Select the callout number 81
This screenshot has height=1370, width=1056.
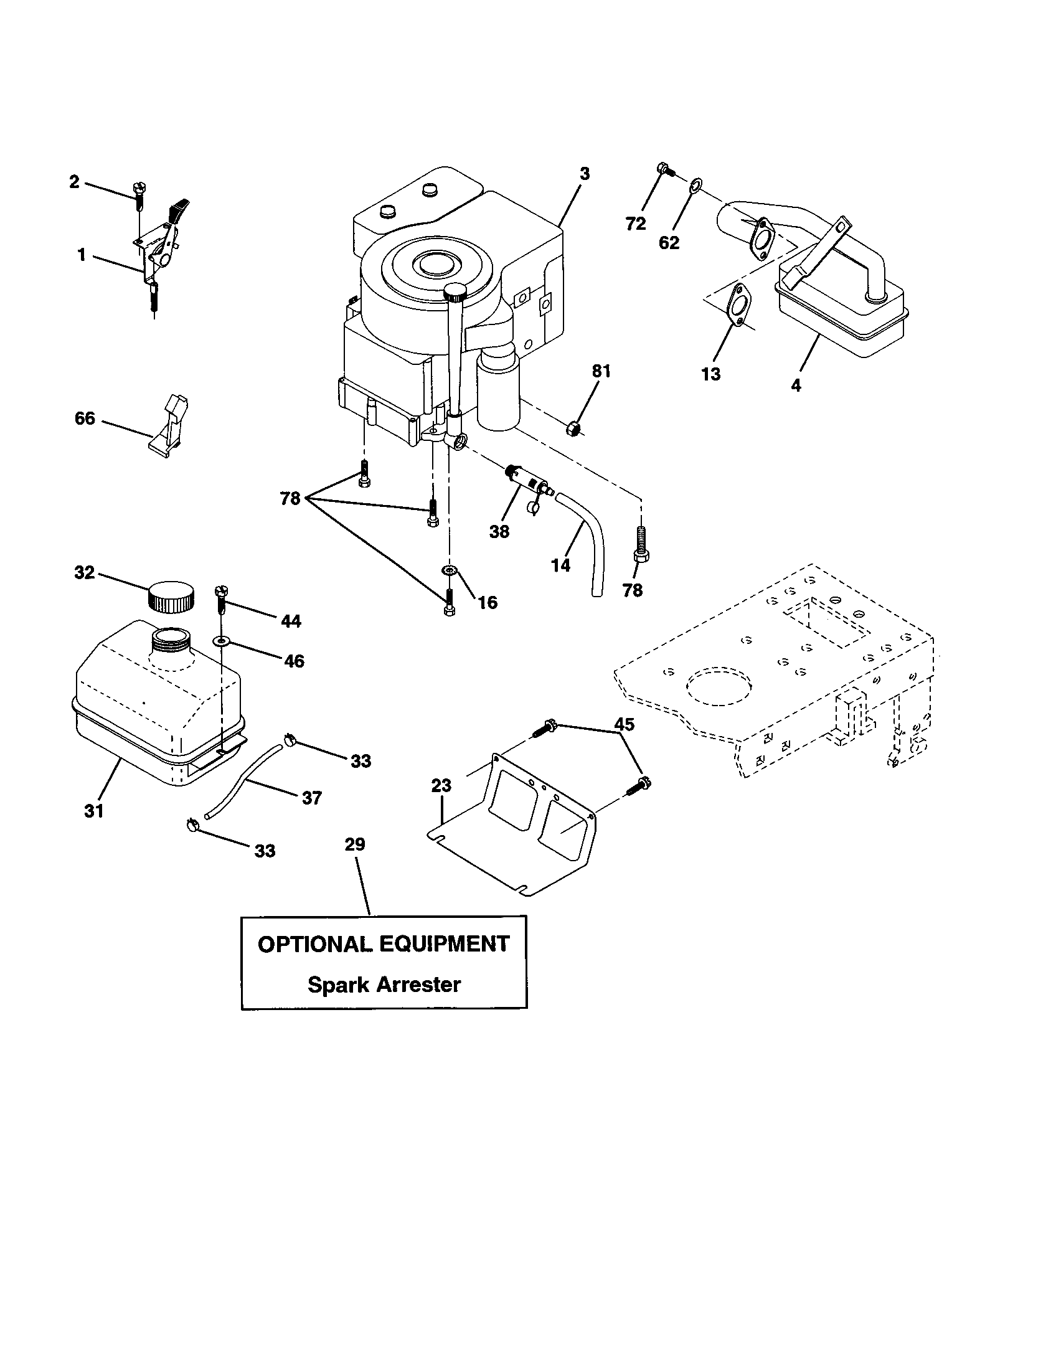pyautogui.click(x=601, y=371)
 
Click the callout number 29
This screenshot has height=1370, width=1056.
pyautogui.click(x=355, y=844)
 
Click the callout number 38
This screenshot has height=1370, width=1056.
pyautogui.click(x=499, y=531)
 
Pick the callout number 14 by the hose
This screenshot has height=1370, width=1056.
pyautogui.click(x=560, y=565)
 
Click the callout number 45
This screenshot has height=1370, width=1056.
pyautogui.click(x=624, y=724)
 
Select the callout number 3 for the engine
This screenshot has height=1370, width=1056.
pyautogui.click(x=585, y=174)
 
